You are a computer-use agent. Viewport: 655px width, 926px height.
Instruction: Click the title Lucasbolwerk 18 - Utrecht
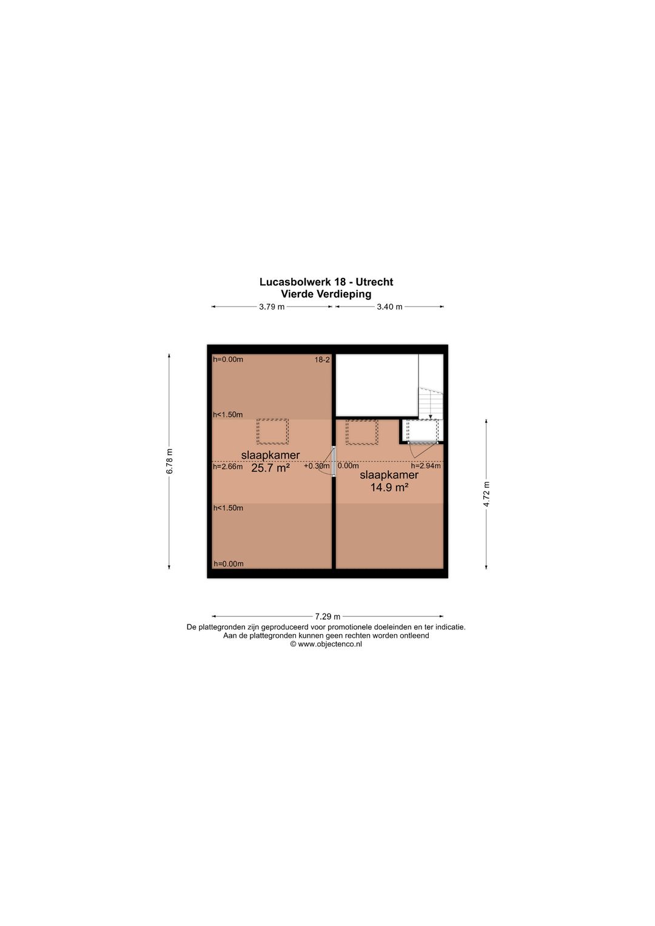click(326, 282)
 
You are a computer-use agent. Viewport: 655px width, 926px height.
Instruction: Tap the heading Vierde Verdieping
click(326, 294)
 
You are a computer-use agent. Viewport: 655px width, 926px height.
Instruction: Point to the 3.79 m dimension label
click(272, 307)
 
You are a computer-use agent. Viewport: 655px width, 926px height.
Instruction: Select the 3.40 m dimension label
click(389, 307)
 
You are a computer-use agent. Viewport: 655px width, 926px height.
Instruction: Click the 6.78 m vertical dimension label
click(170, 461)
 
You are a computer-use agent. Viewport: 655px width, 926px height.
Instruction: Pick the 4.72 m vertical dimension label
click(486, 494)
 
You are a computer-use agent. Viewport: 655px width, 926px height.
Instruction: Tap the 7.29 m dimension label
click(327, 617)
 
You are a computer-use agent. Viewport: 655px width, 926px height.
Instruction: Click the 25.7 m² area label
click(270, 468)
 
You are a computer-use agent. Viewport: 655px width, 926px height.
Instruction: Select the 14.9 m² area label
click(389, 487)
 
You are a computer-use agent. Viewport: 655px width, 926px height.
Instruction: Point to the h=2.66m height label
click(228, 467)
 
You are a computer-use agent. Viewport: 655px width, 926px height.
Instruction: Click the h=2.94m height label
click(426, 466)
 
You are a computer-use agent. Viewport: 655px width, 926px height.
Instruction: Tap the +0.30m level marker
click(317, 466)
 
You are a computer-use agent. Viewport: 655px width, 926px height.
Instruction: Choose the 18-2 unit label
click(322, 360)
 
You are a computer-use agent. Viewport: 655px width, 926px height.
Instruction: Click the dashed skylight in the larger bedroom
click(272, 431)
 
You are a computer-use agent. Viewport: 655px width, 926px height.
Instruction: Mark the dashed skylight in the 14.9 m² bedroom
click(362, 432)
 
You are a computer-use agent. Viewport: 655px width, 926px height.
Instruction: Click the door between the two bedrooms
click(334, 462)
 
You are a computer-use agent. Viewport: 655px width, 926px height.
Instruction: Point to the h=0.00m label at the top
click(228, 359)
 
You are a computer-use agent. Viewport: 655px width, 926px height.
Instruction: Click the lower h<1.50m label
click(228, 508)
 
